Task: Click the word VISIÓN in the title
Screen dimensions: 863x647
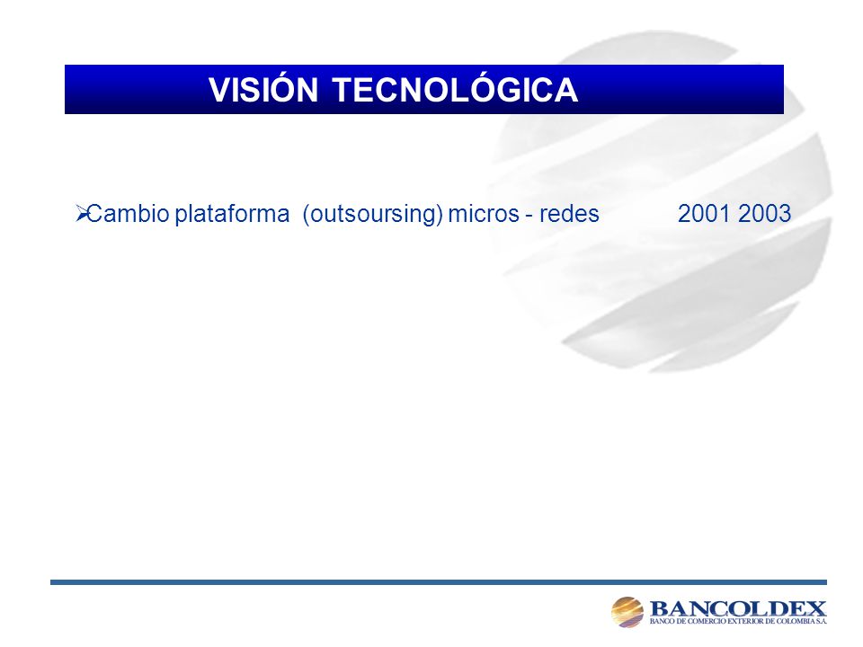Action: click(x=263, y=89)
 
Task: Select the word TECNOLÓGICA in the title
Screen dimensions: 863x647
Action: click(x=455, y=89)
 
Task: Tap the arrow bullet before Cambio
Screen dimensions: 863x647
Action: click(x=82, y=214)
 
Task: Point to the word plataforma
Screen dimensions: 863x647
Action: click(x=232, y=215)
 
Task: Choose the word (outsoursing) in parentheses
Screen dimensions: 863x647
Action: click(x=372, y=215)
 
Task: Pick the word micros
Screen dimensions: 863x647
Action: click(x=484, y=214)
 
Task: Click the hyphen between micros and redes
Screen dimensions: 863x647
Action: click(x=529, y=216)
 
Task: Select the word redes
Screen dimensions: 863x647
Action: click(x=569, y=214)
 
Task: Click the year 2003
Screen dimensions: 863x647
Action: click(x=764, y=214)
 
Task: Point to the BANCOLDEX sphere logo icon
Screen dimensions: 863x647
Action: click(x=627, y=612)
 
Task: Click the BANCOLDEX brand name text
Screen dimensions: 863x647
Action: click(x=738, y=608)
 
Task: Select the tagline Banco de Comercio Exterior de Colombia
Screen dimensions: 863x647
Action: click(x=738, y=621)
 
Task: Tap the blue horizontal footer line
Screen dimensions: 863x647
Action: click(x=439, y=582)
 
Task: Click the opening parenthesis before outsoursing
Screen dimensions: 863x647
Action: click(x=306, y=215)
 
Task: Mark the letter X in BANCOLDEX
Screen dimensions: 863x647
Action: click(x=816, y=608)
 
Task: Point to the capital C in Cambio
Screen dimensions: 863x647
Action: click(x=94, y=214)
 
